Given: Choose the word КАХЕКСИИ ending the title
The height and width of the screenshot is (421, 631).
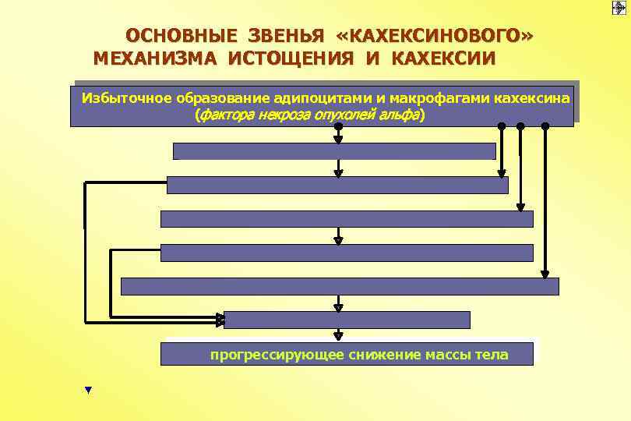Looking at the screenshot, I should [x=442, y=58].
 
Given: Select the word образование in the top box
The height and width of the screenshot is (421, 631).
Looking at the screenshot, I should [x=223, y=98].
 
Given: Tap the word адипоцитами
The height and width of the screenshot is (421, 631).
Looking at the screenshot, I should [x=320, y=98].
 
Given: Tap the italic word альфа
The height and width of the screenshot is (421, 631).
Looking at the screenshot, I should [x=398, y=115].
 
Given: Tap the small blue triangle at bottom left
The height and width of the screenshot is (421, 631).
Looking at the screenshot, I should [x=88, y=389].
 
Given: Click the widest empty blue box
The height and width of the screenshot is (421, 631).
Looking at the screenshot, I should [x=340, y=286].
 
